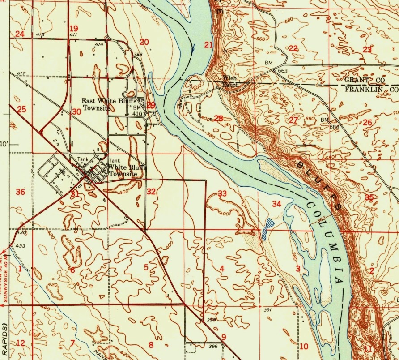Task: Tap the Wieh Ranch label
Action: (230, 81)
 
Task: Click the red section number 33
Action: (222, 194)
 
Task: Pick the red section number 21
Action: (208, 44)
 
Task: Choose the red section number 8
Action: (151, 345)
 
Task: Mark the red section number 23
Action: (367, 50)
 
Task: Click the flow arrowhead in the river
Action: (194, 49)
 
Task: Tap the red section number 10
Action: (304, 346)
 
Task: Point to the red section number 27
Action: (293, 120)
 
